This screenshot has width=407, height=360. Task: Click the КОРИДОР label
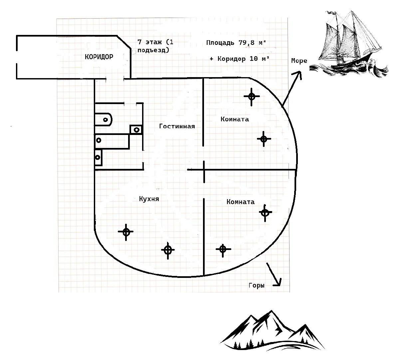point(99,57)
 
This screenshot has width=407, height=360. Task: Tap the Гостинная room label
point(177,126)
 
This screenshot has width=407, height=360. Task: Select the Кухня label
point(149,199)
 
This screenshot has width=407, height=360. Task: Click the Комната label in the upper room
point(235,119)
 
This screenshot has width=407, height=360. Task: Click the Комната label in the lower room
point(240,202)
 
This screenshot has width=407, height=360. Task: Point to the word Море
point(299,61)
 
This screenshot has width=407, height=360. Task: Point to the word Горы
point(256,285)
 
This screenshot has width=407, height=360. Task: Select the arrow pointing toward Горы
point(274,275)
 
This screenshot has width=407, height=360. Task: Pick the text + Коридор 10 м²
point(239,59)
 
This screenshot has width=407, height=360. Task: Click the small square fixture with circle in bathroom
point(136,129)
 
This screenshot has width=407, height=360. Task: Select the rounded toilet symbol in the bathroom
point(104,119)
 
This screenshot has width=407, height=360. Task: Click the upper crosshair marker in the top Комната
point(252,96)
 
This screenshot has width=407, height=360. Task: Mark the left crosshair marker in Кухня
point(126,232)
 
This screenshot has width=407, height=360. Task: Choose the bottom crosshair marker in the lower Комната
point(223,249)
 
